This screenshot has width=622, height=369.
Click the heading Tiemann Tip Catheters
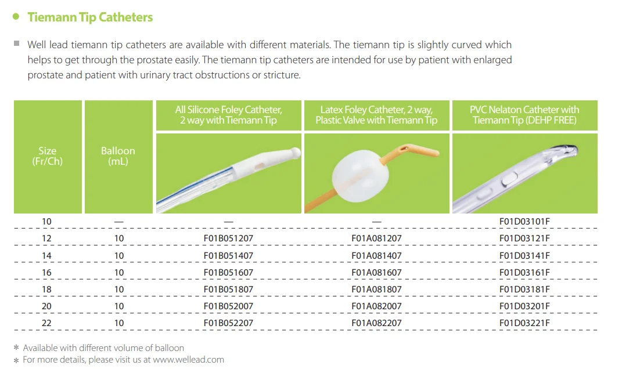coord(90,17)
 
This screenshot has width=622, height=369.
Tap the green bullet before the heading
coord(16,16)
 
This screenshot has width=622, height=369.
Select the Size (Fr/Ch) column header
coord(48,156)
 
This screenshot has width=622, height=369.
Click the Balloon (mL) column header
coord(118,156)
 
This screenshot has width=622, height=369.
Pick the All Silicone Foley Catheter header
coord(229,115)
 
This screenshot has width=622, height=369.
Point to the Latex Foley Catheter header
coord(376,115)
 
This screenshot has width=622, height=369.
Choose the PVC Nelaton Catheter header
coord(524,115)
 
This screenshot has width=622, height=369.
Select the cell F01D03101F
coord(524,222)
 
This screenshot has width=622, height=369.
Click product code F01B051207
coord(228,238)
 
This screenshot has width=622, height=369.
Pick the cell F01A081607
coord(376,272)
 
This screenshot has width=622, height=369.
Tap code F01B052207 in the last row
coord(228,323)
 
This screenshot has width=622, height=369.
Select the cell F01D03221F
coord(524,323)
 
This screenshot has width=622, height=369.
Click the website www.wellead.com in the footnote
coord(188,360)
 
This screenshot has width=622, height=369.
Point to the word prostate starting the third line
coord(44,75)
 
